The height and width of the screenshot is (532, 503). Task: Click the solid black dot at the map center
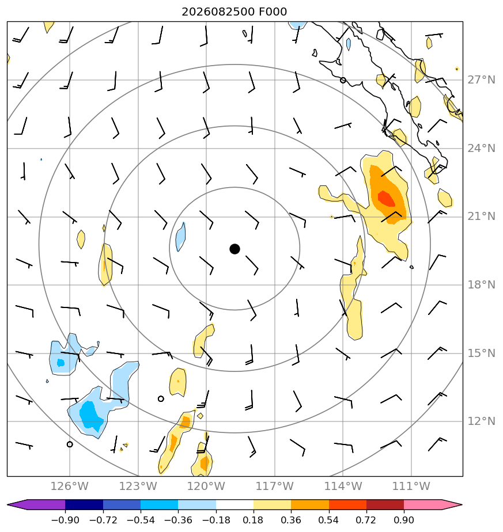point(235,249)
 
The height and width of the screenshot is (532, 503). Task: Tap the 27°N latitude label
point(481,80)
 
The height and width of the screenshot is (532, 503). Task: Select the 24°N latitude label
point(481,149)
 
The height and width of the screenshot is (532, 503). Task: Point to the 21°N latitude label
point(481,216)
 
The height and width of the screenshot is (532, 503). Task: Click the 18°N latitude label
point(481,284)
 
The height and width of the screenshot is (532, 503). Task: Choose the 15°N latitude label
point(481,353)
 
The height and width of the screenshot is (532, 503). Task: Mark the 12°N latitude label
point(481,421)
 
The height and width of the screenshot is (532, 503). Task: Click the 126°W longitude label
point(69,486)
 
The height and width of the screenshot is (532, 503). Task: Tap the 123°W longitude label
point(138,486)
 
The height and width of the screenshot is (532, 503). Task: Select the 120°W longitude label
point(206,486)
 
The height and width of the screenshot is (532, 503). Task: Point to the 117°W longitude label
point(274,486)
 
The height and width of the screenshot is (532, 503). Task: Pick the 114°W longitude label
point(343,486)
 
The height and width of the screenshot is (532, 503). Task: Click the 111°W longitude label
point(411,486)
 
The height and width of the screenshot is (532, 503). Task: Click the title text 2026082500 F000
point(235,12)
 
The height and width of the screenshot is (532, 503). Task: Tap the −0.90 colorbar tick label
point(65,520)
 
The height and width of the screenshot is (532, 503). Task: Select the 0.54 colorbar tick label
point(329,520)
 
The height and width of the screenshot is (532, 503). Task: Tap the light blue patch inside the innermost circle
point(180,237)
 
